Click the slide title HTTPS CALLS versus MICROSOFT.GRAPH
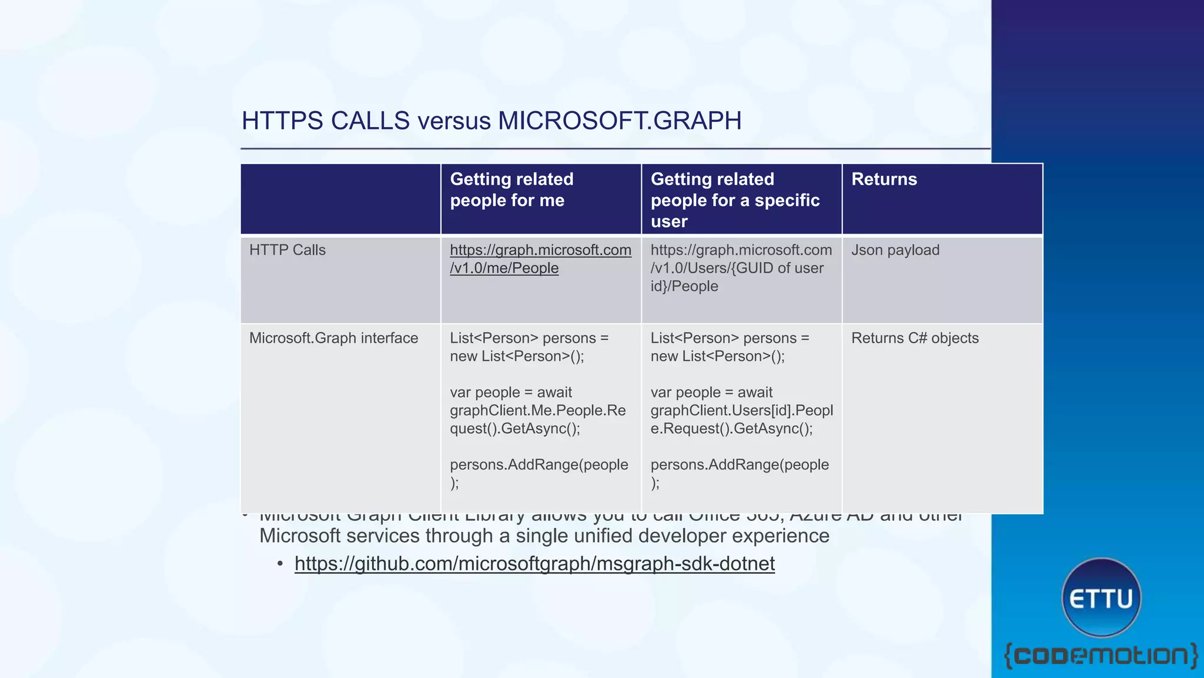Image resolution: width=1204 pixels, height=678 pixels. click(491, 121)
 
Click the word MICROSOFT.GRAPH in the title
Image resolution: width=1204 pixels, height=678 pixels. click(620, 121)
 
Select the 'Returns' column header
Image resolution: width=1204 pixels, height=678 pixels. click(884, 180)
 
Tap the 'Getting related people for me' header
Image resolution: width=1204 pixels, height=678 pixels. click(511, 190)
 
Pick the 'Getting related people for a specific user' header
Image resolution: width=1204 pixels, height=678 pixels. click(735, 200)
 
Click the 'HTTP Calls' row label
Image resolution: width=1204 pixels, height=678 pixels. click(287, 250)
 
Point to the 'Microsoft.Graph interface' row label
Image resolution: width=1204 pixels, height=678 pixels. click(333, 338)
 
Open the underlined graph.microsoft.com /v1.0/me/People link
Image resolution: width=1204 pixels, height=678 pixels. click(540, 259)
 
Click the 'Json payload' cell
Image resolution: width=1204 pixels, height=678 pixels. click(895, 250)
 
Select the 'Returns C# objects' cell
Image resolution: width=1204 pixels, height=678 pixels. click(915, 338)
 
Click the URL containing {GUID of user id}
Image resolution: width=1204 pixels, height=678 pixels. click(741, 268)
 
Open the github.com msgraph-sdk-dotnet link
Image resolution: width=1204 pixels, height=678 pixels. click(534, 564)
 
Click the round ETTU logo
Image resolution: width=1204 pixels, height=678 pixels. click(1101, 598)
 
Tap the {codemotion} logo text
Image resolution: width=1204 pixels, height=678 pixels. click(1101, 655)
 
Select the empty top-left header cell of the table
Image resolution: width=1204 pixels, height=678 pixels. click(340, 199)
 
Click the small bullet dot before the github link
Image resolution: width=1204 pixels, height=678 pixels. click(280, 564)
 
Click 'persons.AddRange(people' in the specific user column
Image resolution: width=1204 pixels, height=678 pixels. click(739, 465)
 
